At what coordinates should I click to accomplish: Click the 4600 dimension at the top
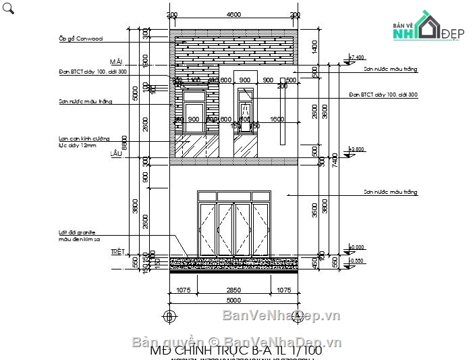pos(233,15)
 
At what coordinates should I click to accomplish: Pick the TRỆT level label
pos(118,252)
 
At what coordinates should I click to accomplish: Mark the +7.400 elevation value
pos(356,57)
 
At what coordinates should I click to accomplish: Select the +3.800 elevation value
pos(356,149)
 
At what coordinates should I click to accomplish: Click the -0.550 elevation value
pos(356,260)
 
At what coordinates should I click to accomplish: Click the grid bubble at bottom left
pos(170,316)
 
